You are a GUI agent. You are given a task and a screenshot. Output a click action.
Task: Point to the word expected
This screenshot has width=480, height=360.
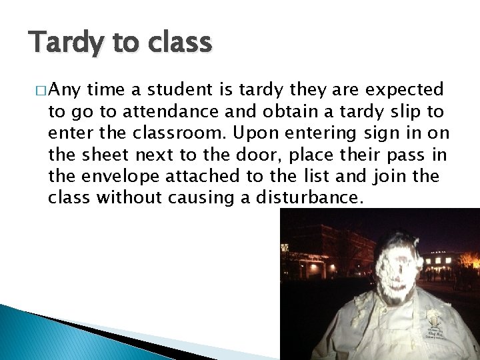(404, 90)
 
